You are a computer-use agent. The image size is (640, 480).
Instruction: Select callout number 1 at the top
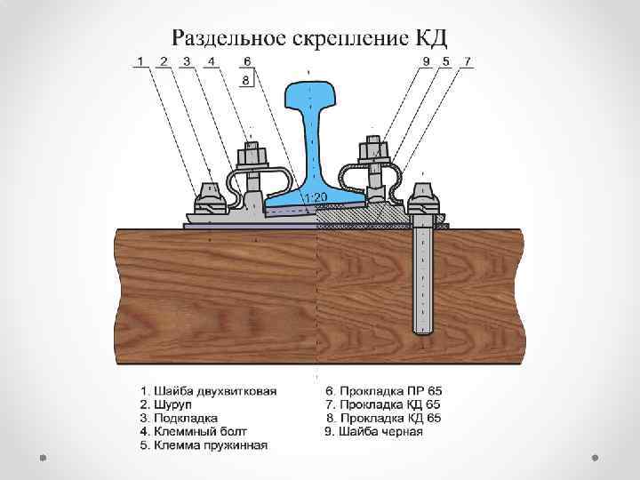[140, 60]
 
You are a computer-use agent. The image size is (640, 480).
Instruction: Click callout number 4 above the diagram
[211, 60]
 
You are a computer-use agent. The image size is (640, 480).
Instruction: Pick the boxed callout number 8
[247, 80]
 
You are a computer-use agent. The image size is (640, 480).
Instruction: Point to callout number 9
[426, 60]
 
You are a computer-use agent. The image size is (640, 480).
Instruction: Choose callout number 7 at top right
[468, 60]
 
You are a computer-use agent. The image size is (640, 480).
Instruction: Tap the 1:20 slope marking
[316, 196]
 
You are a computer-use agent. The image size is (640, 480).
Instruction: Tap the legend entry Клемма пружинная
[204, 445]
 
